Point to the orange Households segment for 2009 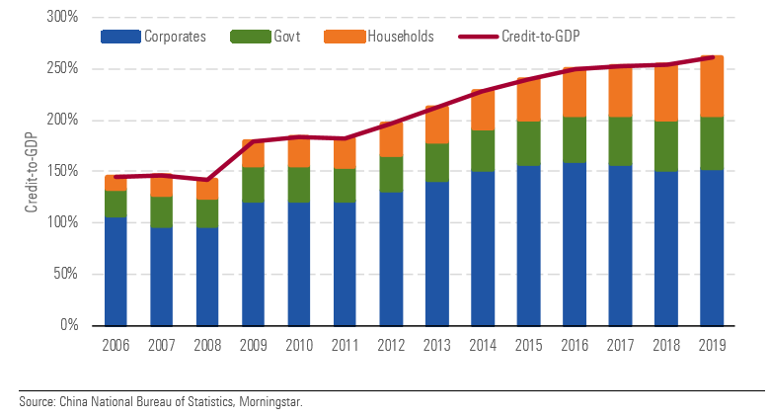254,156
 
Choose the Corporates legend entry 153,38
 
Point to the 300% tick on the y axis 62,18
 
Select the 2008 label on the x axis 207,345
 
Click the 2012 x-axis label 391,345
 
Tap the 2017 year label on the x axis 620,345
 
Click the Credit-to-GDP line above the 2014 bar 483,90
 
